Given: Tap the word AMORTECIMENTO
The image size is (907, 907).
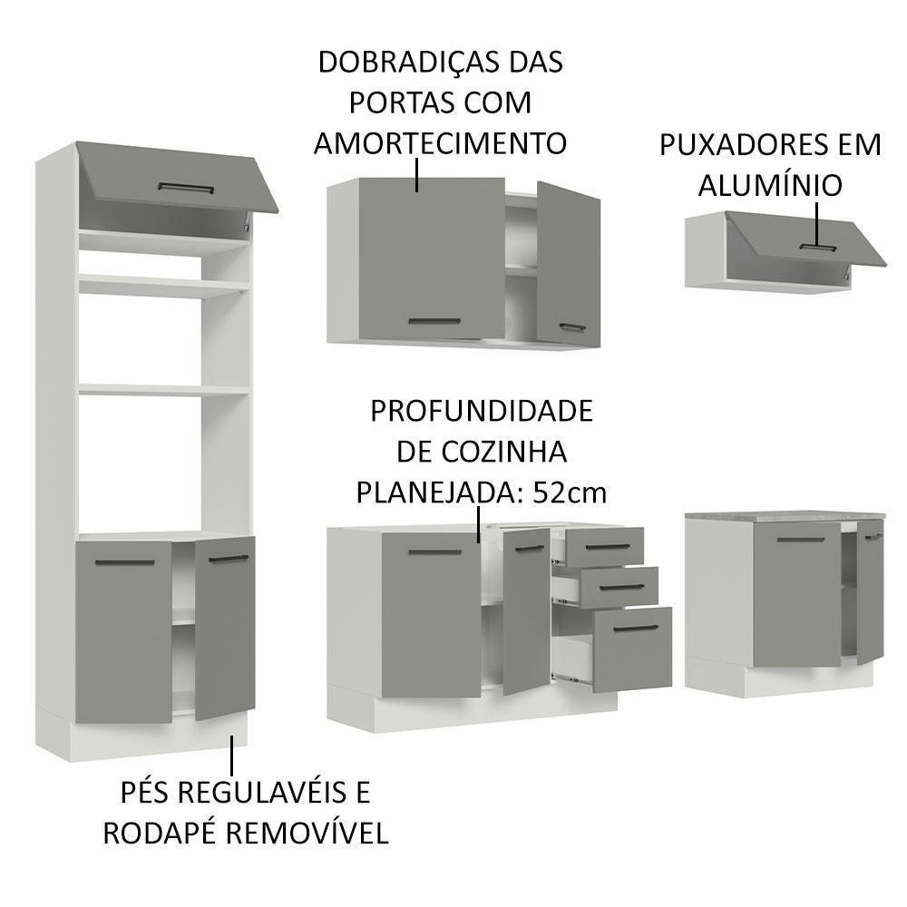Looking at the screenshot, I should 439,142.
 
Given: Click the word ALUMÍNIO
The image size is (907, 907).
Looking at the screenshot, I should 770,185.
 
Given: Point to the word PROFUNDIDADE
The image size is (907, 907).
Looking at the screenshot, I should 481,411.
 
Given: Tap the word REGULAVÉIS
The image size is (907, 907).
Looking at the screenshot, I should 261,793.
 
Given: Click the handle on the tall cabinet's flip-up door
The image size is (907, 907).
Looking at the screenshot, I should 186,188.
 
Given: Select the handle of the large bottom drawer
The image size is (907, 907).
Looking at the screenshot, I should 633,629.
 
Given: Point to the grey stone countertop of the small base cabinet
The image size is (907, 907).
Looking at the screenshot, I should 785,514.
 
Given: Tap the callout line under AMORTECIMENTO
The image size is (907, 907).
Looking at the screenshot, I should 417,174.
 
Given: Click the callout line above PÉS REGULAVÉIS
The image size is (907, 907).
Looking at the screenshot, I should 232,754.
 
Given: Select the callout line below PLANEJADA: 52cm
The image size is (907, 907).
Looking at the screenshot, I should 478,524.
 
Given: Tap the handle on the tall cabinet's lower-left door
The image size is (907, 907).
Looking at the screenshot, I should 125,563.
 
